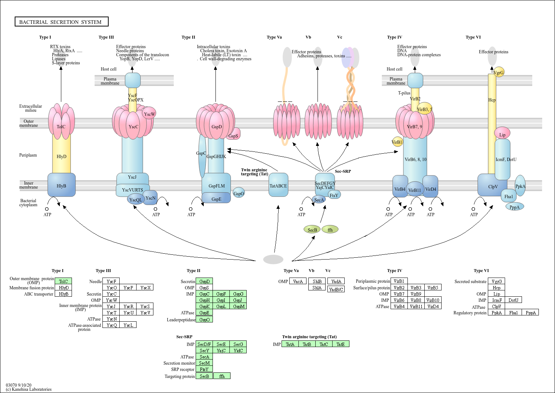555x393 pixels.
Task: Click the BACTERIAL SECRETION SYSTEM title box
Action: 61,22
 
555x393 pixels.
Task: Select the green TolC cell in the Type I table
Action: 63,281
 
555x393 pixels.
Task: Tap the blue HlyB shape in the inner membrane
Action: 61,185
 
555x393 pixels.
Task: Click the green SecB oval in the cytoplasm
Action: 312,230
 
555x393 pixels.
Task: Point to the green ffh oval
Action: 330,230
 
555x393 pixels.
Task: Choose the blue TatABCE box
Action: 278,185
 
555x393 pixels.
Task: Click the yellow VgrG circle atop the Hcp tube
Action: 499,72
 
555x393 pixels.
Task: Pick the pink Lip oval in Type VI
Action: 502,134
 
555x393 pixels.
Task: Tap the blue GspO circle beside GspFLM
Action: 239,193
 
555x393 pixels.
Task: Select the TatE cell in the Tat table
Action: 341,344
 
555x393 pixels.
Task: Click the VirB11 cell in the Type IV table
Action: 416,306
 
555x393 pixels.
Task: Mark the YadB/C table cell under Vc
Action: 336,289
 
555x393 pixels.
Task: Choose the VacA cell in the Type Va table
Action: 298,281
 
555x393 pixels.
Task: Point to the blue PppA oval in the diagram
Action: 515,207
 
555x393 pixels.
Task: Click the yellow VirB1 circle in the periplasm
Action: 397,142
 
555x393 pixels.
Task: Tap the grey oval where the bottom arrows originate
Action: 273,260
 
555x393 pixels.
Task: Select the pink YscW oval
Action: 149,114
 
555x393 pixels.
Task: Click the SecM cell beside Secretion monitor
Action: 204,363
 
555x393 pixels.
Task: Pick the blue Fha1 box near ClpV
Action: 508,196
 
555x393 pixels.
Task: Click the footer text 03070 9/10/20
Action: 18,385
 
